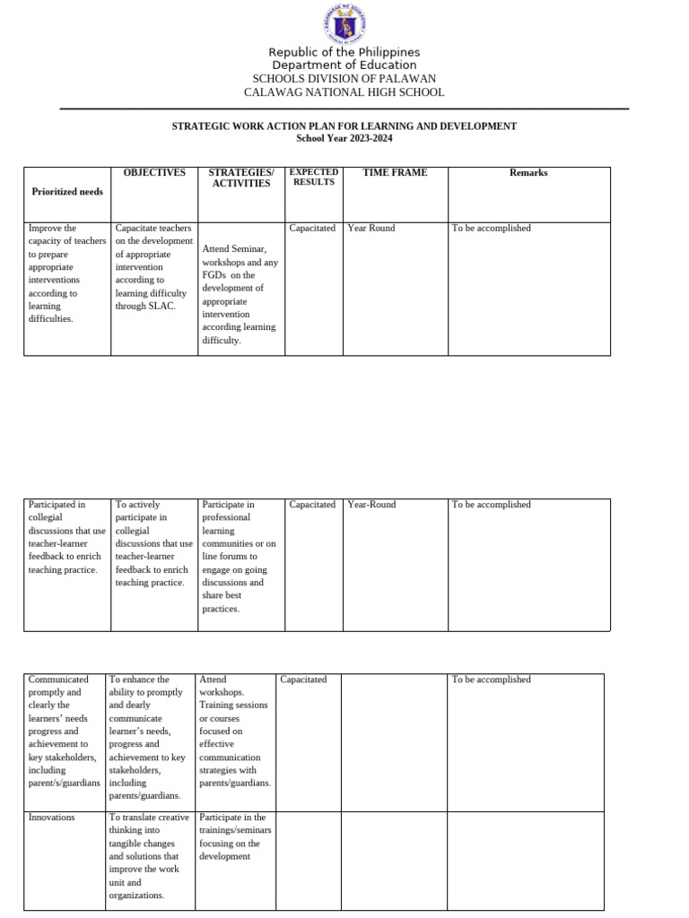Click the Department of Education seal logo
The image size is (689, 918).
(344, 24)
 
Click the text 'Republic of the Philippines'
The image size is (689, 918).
(344, 52)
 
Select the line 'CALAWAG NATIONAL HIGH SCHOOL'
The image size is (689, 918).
(344, 92)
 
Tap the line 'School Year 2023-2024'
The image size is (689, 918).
(344, 138)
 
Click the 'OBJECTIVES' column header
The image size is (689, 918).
(154, 172)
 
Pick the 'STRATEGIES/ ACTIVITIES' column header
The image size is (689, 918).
(240, 178)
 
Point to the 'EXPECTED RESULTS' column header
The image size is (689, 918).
(313, 177)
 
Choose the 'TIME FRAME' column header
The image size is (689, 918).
(395, 172)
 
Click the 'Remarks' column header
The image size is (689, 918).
(528, 172)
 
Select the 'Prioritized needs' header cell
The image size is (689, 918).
(67, 191)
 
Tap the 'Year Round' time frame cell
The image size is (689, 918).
(371, 228)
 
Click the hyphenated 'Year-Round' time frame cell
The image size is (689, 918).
(371, 505)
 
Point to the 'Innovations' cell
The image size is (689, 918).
(52, 818)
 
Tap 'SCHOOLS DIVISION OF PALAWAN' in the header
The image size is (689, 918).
(344, 79)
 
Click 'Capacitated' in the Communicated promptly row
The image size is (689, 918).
(303, 680)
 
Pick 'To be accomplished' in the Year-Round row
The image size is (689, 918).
(492, 505)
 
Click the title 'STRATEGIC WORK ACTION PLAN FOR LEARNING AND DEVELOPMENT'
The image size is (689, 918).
(344, 126)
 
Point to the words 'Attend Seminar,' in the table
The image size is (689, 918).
(234, 248)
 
